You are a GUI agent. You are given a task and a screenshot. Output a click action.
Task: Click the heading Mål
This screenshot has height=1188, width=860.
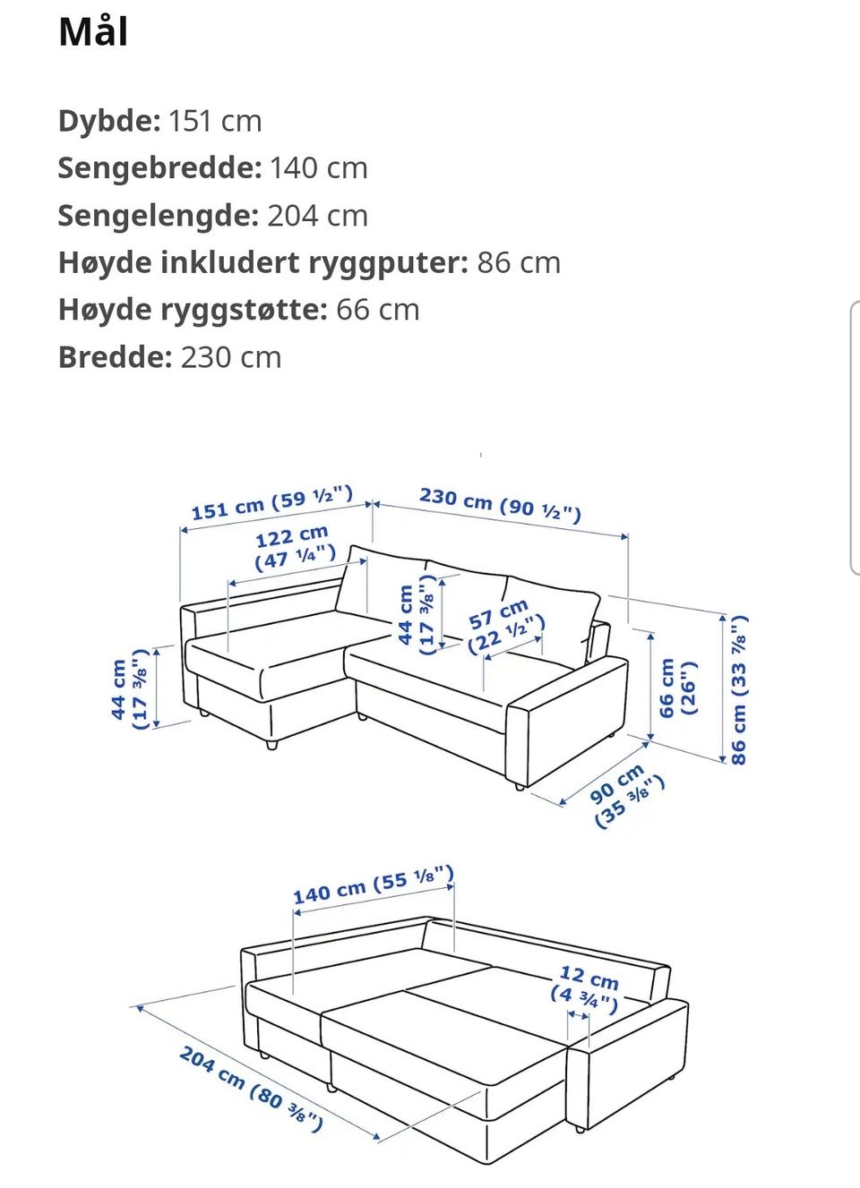click(93, 32)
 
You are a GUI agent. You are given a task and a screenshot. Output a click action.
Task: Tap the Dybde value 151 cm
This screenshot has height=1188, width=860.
click(215, 121)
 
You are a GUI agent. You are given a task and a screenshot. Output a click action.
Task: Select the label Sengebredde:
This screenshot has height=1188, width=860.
click(159, 168)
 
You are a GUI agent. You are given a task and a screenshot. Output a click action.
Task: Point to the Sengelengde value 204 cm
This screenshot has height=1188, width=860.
click(317, 216)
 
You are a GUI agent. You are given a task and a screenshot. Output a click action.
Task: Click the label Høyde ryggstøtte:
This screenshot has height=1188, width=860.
click(193, 311)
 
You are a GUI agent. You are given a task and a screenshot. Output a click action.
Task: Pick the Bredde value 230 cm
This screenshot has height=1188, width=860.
click(231, 357)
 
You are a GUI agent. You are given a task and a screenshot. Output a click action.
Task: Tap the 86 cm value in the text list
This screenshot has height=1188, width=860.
click(519, 263)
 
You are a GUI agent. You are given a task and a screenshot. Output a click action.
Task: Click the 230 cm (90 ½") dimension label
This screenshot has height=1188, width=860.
click(500, 505)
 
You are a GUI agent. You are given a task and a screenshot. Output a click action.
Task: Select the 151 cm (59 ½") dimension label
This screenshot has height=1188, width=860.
click(271, 503)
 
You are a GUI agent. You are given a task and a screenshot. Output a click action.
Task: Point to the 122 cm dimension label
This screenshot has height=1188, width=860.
click(294, 549)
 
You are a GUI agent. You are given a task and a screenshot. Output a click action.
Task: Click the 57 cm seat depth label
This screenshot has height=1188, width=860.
click(506, 627)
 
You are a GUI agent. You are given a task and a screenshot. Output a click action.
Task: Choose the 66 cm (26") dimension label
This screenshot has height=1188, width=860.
click(677, 688)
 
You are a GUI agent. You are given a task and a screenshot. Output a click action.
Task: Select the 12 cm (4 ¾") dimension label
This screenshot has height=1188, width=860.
click(586, 989)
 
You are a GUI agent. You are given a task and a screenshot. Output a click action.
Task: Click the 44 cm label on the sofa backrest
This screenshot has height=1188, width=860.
click(417, 615)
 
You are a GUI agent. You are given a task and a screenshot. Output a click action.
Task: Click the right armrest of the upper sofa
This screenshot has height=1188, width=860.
click(567, 720)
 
